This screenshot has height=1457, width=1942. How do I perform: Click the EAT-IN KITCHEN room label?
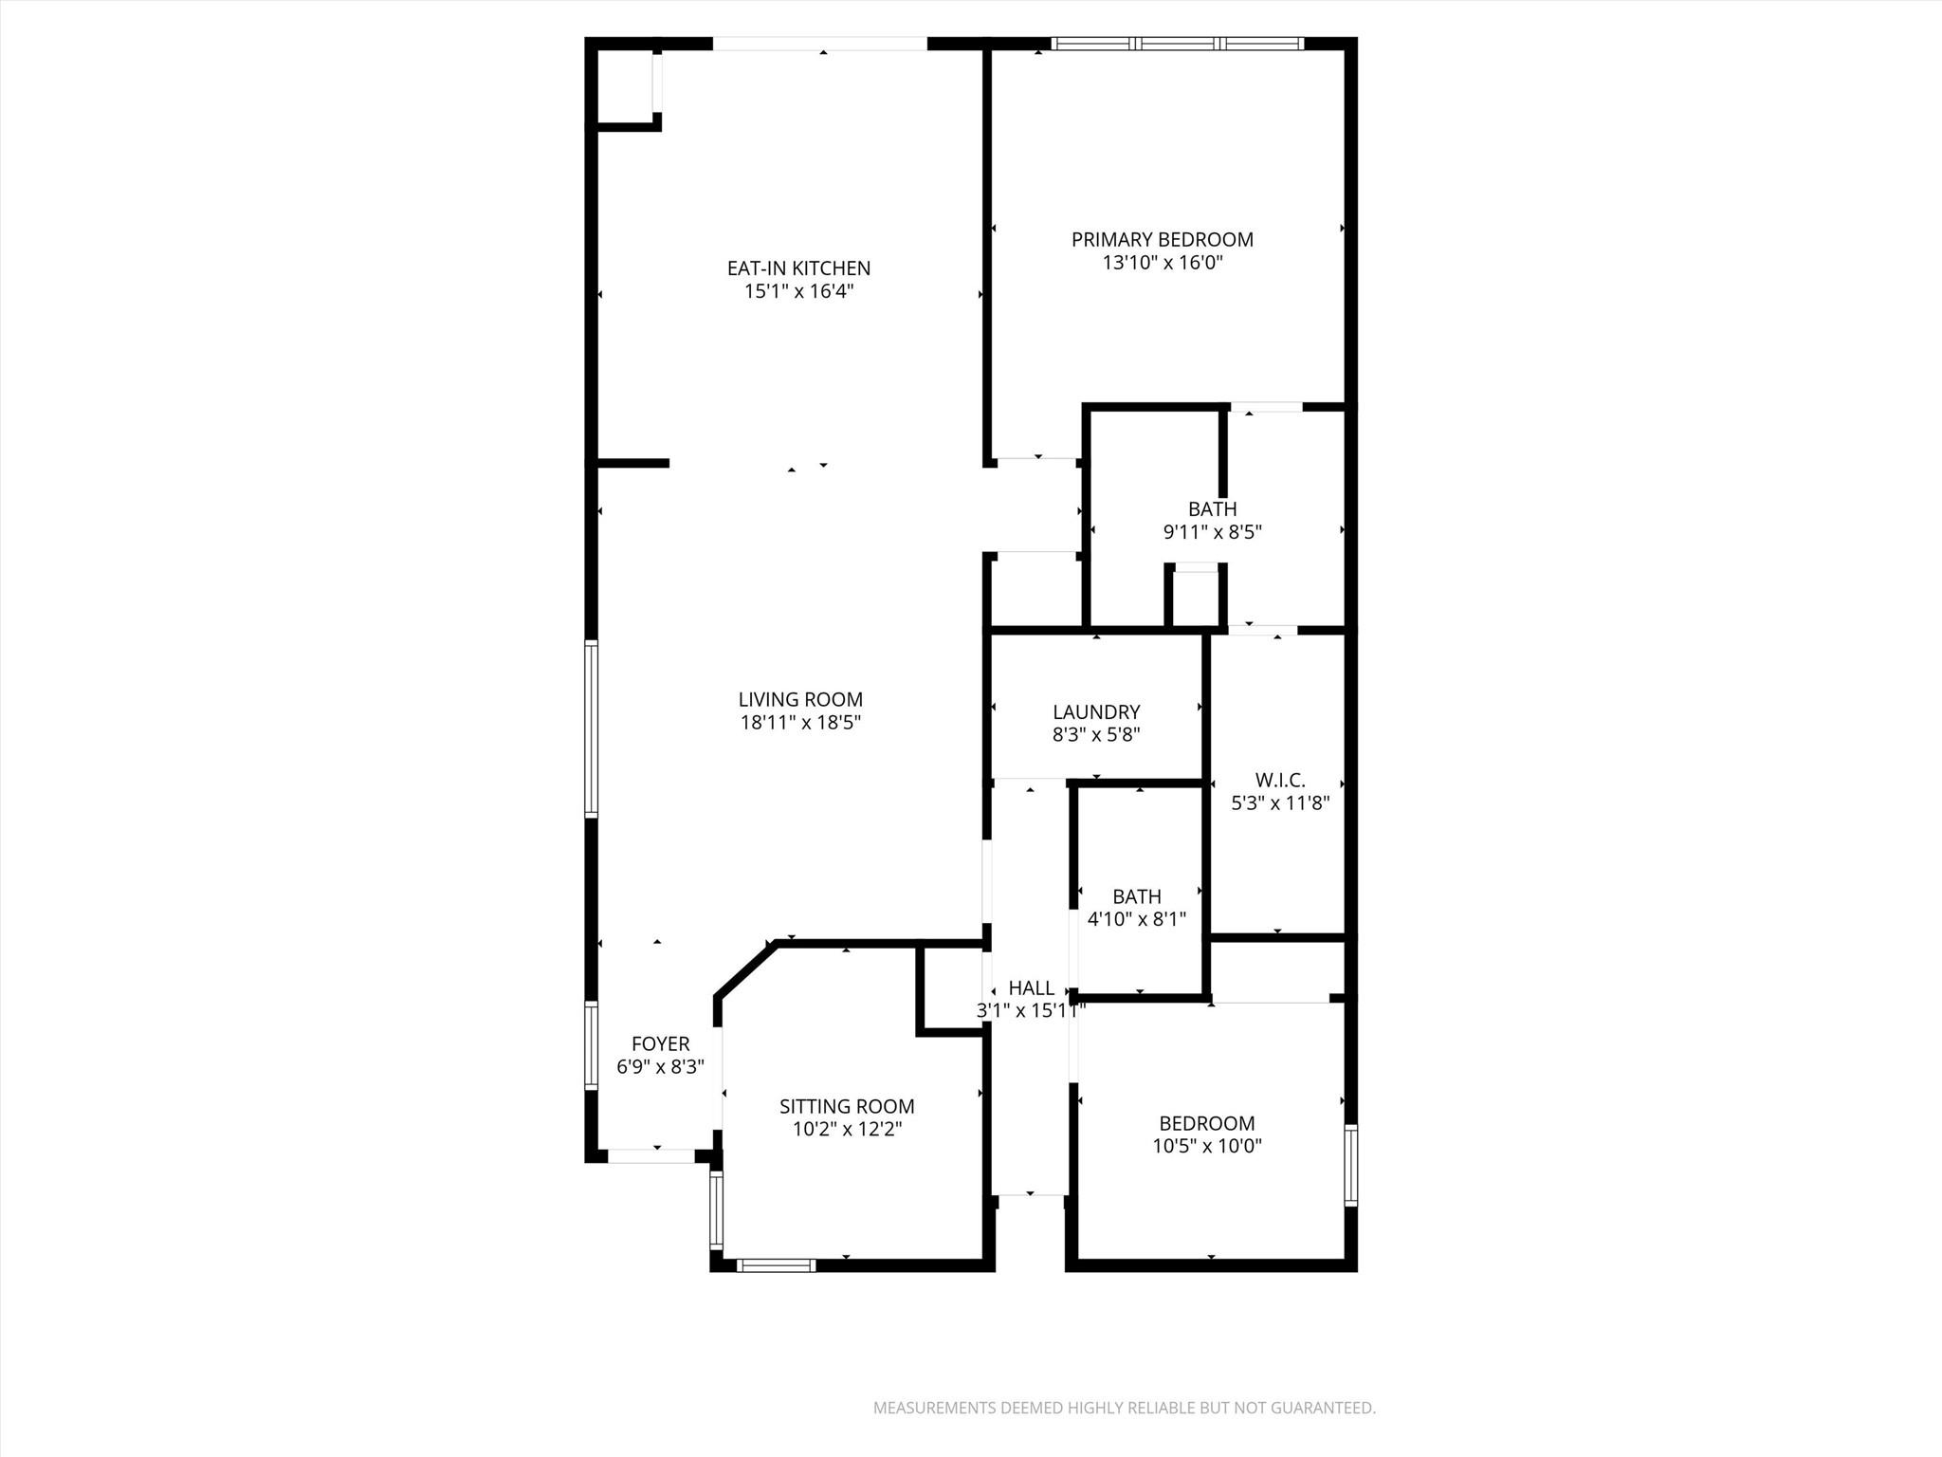coord(798,268)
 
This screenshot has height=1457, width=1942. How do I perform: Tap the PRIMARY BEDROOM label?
coord(1162,240)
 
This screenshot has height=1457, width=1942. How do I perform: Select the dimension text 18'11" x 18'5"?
coord(800,723)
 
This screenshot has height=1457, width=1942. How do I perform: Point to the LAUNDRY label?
coord(1096,711)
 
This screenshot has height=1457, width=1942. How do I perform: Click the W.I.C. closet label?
coord(1280,781)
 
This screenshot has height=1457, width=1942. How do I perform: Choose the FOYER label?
coord(660,1044)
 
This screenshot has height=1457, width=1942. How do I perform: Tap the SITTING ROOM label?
coord(847,1106)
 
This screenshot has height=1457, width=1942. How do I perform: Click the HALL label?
coord(1031,988)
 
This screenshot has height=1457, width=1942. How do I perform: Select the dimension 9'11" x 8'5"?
coord(1212,532)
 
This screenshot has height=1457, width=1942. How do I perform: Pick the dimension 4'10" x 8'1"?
coord(1136,919)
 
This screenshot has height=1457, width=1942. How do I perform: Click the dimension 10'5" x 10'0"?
coord(1207,1146)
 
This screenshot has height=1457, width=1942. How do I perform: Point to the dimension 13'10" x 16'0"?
coord(1162,263)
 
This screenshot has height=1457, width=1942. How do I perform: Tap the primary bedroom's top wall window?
coord(1177,44)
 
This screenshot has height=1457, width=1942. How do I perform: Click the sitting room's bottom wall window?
coord(776,1264)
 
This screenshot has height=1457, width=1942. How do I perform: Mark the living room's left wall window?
coord(591,728)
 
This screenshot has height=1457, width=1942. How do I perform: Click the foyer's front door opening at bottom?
coord(650,1155)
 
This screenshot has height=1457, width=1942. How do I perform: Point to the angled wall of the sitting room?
coord(745,970)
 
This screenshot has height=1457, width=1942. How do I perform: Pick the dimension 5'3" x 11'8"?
coord(1280,803)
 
